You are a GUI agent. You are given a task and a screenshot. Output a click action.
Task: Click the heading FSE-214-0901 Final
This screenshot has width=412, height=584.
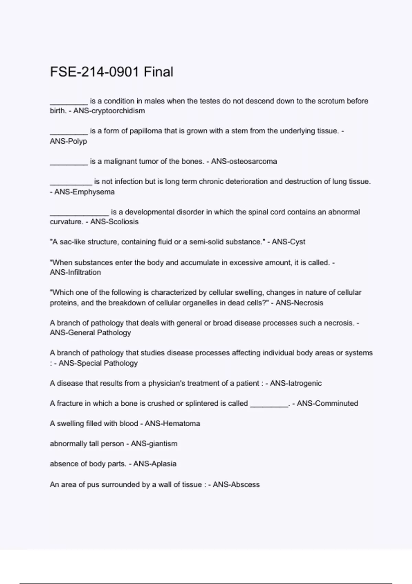[x=112, y=72]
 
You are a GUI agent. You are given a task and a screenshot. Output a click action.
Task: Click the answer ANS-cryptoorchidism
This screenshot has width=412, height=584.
[x=109, y=111]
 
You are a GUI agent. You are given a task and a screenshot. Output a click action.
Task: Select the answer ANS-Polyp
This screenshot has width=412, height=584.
[x=68, y=141]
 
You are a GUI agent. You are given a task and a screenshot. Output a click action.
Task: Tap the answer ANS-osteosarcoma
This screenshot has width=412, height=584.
[x=244, y=161]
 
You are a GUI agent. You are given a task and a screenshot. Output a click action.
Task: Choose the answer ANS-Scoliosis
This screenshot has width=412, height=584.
[x=114, y=222]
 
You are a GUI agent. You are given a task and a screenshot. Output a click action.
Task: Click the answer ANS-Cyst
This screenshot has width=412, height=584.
[x=288, y=242]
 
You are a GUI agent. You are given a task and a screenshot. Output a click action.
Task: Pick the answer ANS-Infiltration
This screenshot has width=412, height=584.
[x=75, y=272]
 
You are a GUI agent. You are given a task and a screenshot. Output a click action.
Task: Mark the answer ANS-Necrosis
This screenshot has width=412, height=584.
[x=299, y=303]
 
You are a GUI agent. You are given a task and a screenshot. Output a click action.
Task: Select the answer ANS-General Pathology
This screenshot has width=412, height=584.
[x=90, y=333]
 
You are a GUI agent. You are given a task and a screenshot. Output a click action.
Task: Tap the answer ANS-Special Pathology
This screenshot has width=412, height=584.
[x=98, y=363]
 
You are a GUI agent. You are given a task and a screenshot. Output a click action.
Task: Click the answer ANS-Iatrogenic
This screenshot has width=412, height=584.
[x=296, y=383]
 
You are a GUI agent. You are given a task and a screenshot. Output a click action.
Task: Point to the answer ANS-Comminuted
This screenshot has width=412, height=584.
[x=327, y=403]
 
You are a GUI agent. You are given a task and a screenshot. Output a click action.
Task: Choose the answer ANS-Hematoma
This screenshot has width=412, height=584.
[x=172, y=423]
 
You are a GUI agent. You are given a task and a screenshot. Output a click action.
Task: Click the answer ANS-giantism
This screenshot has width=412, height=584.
[x=154, y=443]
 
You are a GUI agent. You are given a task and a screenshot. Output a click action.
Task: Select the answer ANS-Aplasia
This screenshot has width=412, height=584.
[x=155, y=464]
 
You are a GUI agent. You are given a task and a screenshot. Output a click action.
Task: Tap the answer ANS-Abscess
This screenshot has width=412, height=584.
[x=236, y=484]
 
